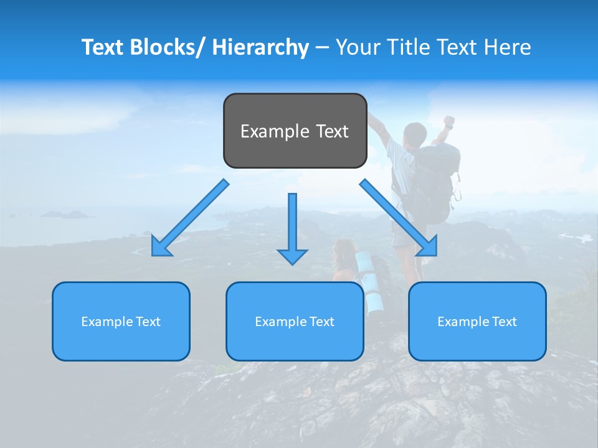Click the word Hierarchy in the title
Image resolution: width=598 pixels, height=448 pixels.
coord(260,47)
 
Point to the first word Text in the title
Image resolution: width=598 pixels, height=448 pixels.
coord(103,47)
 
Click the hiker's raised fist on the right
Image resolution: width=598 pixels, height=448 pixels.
coord(448,120)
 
